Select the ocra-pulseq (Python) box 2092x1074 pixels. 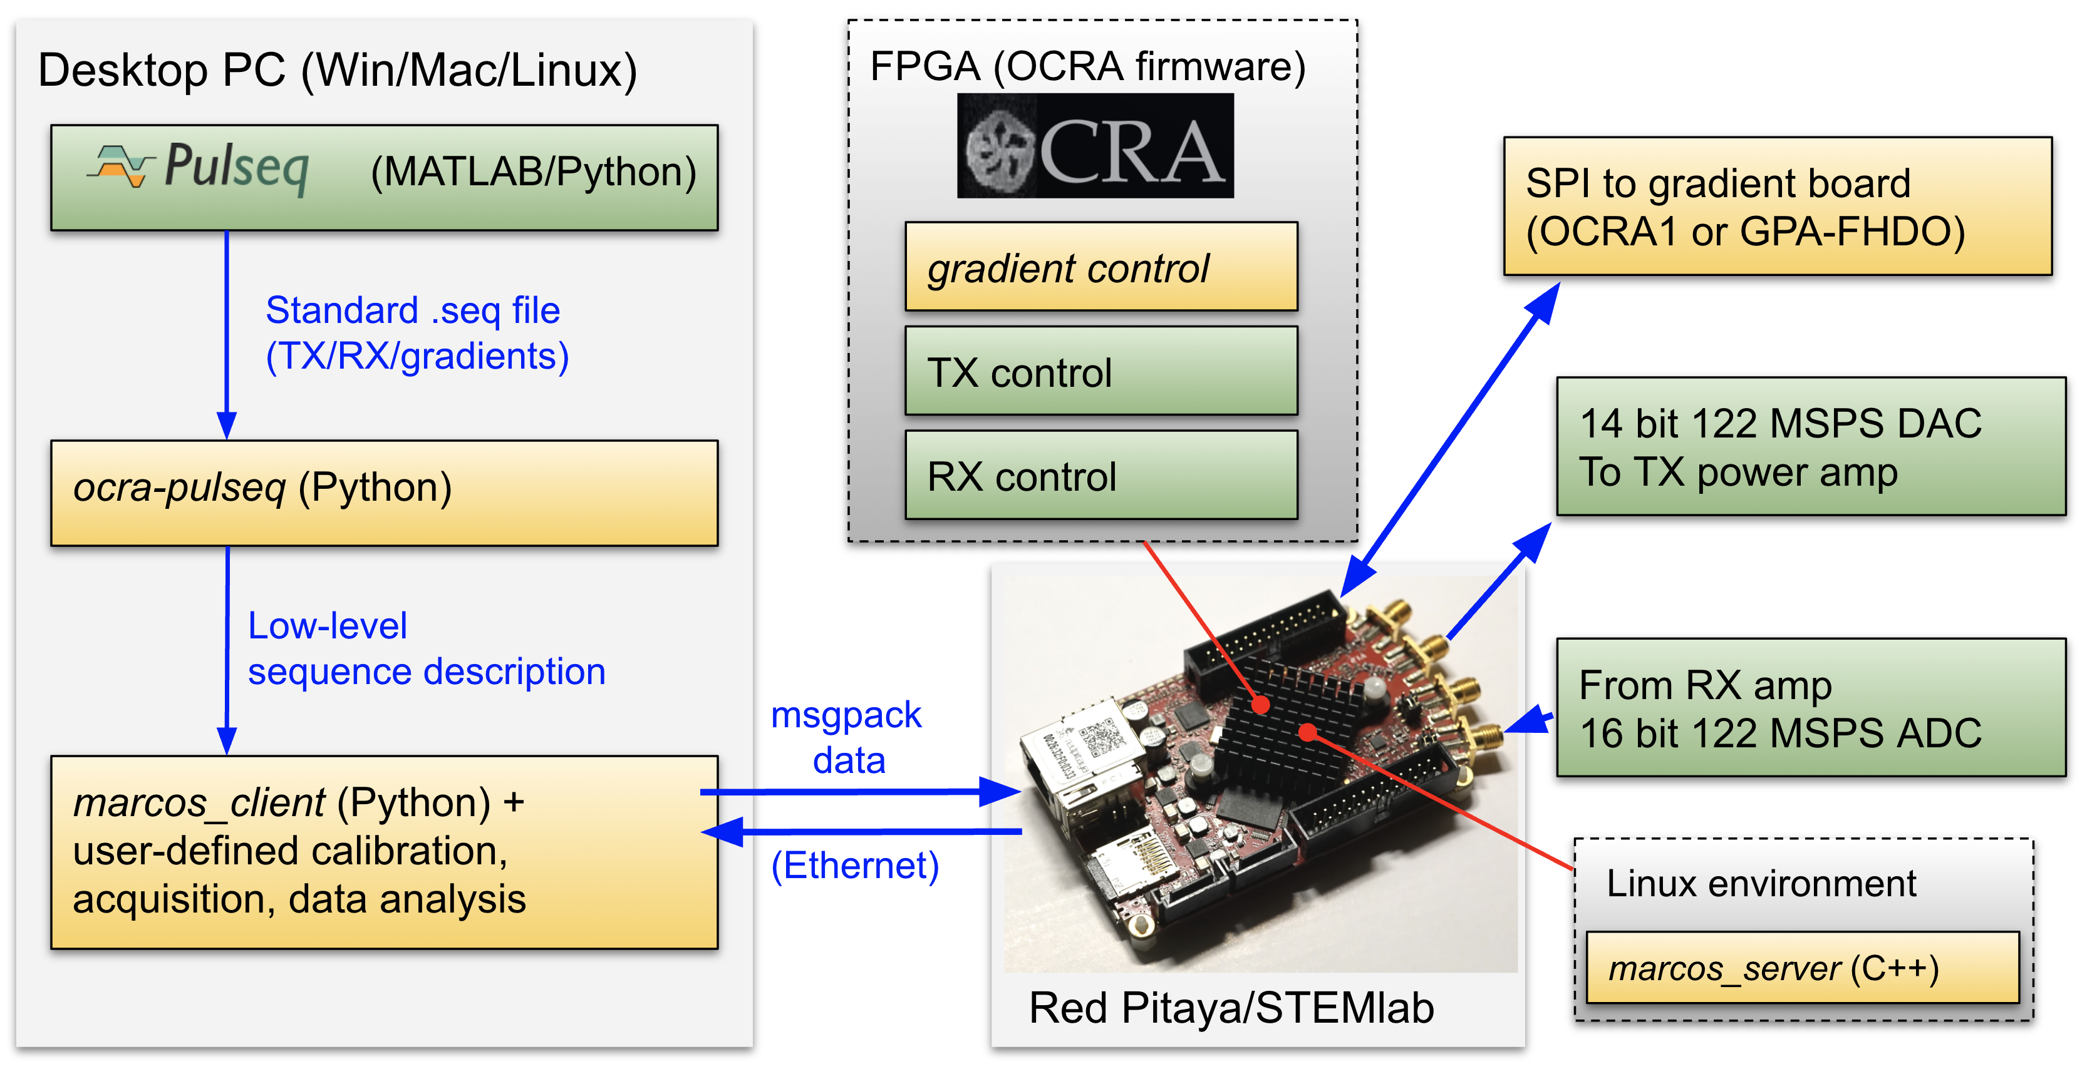384,493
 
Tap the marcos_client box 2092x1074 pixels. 384,852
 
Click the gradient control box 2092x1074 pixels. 1101,267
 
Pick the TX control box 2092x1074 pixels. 1101,371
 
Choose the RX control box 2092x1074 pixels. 1101,475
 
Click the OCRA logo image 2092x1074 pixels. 1095,146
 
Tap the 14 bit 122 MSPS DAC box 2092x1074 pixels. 1810,446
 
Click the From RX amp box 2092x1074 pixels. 1810,708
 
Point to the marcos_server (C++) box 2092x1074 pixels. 1802,968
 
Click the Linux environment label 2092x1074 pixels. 1761,883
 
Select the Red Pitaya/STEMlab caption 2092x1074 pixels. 1231,1008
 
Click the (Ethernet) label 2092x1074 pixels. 854,866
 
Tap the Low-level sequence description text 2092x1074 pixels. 427,648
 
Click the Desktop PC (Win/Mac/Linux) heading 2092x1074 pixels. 337,70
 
